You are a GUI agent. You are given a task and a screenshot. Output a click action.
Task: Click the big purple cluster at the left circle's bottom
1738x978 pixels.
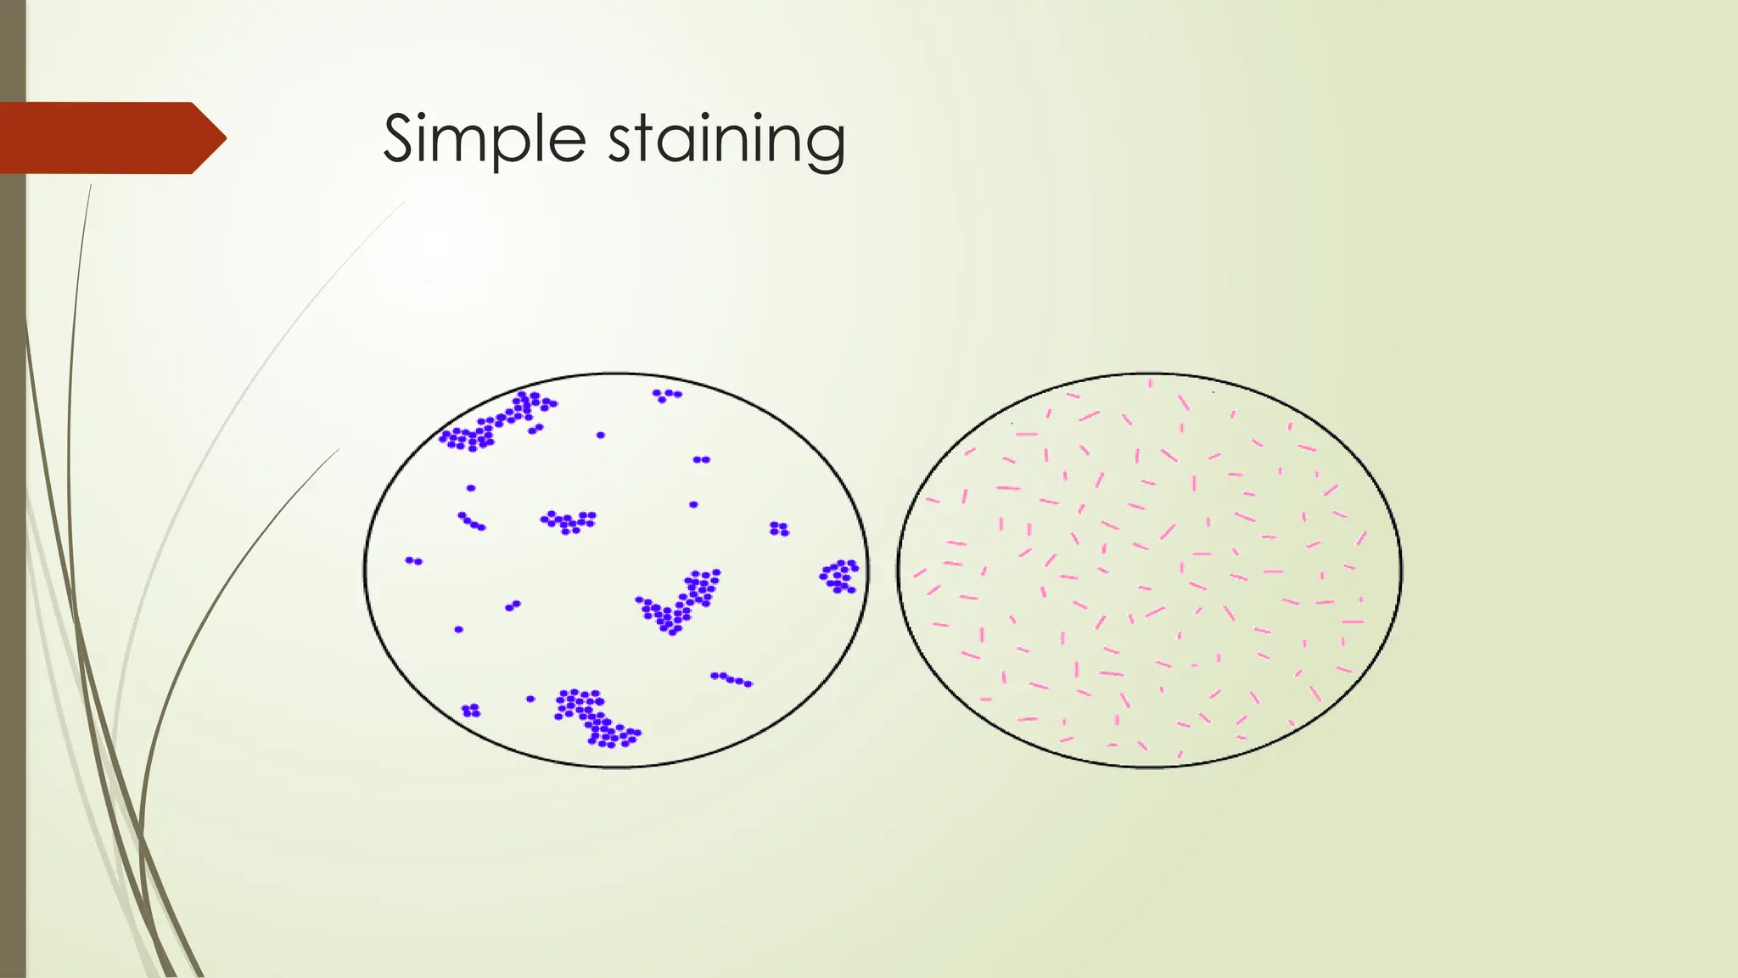[x=594, y=718]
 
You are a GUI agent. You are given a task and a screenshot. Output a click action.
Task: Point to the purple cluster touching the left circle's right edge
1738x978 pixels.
[x=839, y=576]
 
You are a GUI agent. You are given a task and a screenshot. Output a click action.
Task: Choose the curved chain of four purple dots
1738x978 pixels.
[x=471, y=521]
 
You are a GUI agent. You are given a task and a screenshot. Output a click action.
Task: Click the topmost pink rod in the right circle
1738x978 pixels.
[x=1151, y=384]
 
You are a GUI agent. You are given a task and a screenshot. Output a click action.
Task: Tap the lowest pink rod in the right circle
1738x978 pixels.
[x=1180, y=754]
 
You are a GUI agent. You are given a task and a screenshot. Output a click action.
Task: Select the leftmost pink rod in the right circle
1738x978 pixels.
[x=920, y=574]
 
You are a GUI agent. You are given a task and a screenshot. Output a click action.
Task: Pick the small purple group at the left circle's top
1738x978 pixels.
[x=666, y=395]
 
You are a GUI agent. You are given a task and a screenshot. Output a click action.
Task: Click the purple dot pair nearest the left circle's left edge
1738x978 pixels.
[x=413, y=560]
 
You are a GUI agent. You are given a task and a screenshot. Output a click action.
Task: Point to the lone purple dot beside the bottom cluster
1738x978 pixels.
[x=530, y=699]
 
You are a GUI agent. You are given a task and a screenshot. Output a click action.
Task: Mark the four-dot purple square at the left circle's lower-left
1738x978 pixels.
[x=471, y=710]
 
